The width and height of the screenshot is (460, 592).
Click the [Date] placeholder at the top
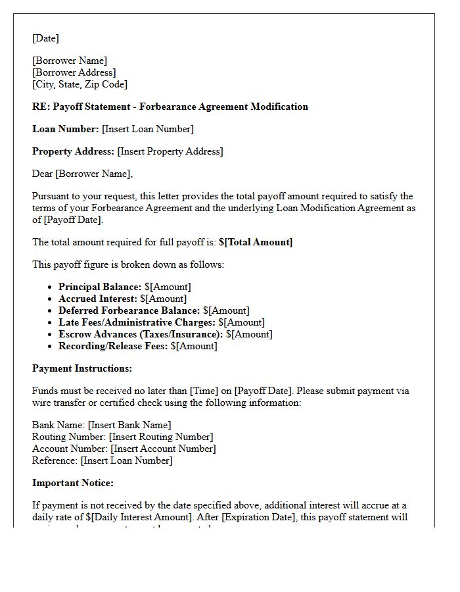tap(45, 38)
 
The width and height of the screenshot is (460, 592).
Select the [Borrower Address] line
tap(74, 72)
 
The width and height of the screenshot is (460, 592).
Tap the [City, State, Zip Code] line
tap(80, 84)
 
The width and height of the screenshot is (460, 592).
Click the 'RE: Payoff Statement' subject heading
tap(170, 107)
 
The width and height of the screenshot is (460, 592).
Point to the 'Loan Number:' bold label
tap(66, 129)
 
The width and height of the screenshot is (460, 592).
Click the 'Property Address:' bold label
tap(74, 151)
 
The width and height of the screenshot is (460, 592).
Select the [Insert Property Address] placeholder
tap(170, 151)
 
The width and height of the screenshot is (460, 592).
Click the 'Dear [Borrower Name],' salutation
tap(82, 174)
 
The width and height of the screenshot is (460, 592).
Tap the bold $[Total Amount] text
tap(256, 242)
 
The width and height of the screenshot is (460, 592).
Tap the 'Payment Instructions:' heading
tap(82, 368)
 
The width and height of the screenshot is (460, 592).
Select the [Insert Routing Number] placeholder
tap(161, 437)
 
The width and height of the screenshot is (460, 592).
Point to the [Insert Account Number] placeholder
tap(163, 449)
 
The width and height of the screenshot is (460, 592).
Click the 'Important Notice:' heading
tap(73, 483)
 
